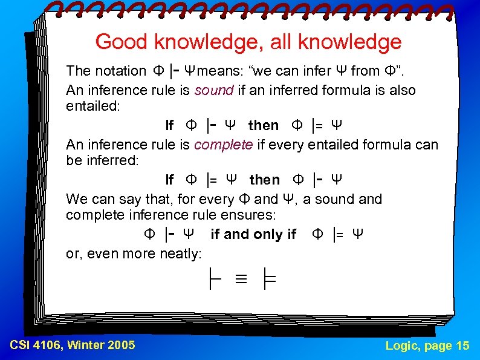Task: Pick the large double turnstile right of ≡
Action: coord(268,279)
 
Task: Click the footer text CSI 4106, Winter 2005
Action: coord(73,345)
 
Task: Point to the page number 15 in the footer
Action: coord(462,345)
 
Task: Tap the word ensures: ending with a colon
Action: coord(250,215)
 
